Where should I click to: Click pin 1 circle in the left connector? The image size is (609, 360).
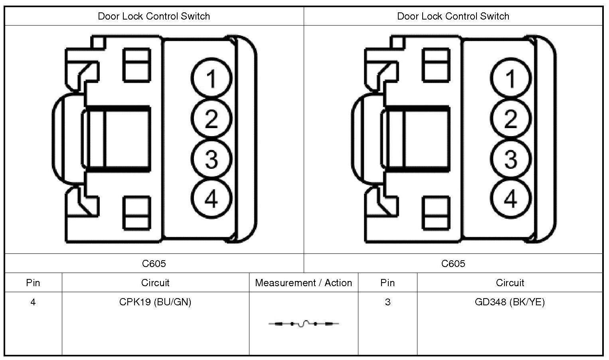coord(211,78)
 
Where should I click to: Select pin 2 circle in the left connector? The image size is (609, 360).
coord(211,119)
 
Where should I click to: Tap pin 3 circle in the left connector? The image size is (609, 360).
coord(211,159)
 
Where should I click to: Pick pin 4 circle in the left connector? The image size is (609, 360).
coord(211,198)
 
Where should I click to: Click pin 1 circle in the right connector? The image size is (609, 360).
coord(510,78)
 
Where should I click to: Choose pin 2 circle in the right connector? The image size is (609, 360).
coord(510,119)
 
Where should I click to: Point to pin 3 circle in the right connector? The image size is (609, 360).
coord(510,159)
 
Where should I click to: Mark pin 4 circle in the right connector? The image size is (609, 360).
coord(510,198)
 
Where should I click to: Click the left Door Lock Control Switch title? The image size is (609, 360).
coord(154,16)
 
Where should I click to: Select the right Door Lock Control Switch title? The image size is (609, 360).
coord(453,16)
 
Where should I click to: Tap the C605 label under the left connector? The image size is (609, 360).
coord(154,263)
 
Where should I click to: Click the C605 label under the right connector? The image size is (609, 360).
coord(453,263)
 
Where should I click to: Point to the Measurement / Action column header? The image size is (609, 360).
coord(303,283)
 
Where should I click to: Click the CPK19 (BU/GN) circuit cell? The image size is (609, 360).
coord(155,302)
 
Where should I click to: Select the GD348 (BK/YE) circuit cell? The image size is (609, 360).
coord(510,302)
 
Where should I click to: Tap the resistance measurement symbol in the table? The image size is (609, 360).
coord(303,324)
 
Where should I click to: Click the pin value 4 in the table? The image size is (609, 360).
coord(33,302)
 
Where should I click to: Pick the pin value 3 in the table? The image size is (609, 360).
coord(388,302)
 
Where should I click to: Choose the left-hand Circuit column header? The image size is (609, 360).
coord(155,283)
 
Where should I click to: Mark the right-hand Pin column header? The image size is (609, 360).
coord(388,283)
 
